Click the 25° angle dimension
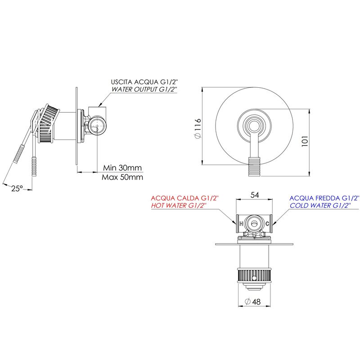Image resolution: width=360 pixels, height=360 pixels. click(17, 188)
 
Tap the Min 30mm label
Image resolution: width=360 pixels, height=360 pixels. click(122, 167)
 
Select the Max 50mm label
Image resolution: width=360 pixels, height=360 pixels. click(122, 177)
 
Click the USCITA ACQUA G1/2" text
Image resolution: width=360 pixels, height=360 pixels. click(144, 82)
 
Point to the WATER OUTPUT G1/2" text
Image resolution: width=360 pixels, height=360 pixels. click(144, 89)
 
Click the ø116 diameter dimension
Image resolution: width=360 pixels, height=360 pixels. click(198, 129)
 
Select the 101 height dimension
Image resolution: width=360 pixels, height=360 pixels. click(305, 141)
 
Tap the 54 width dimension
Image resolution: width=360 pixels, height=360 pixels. click(255, 195)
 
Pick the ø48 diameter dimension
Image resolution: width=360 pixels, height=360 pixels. click(252, 301)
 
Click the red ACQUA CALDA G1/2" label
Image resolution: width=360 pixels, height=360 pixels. click(185, 198)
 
